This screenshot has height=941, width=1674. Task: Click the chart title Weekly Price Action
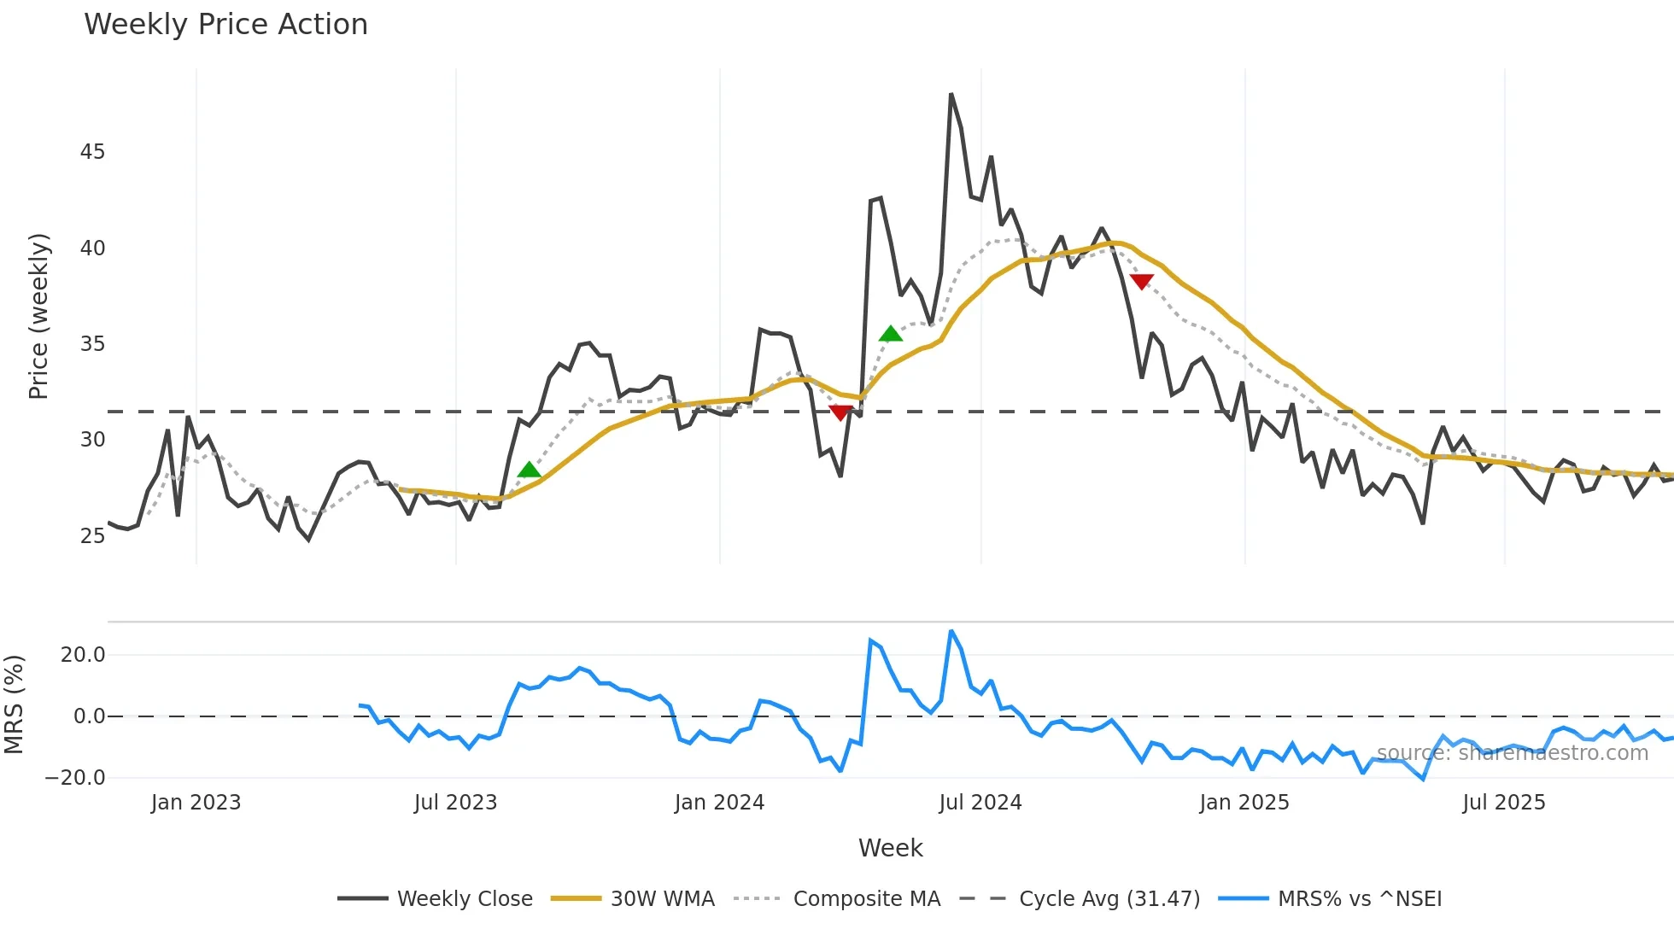225,25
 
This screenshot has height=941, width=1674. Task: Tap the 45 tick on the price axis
92,152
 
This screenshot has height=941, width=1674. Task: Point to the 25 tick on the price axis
92,536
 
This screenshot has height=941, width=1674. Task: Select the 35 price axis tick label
92,344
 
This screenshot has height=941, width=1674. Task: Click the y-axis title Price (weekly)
38,316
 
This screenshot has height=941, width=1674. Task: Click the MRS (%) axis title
14,704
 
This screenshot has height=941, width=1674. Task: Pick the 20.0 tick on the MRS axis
83,655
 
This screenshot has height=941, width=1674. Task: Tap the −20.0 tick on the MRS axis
75,778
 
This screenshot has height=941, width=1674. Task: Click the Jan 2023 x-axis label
196,803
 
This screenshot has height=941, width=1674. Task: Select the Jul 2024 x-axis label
980,803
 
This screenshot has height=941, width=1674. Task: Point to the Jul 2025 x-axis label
1503,803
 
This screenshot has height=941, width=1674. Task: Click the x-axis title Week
890,848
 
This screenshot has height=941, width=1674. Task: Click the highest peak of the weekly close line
951,95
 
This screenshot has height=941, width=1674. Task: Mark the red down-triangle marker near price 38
1141,281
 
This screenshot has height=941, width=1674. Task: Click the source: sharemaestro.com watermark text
1512,753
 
